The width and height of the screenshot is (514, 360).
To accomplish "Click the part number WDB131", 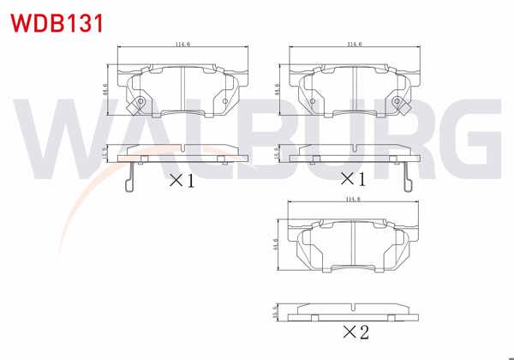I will (x=54, y=21).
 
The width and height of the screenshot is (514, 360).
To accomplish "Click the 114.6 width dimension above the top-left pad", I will (x=182, y=44).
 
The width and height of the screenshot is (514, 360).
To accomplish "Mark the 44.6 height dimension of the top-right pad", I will (x=277, y=89).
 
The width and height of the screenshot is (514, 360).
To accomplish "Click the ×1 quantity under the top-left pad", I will (x=182, y=180).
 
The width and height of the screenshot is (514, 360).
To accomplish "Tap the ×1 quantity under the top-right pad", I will (x=353, y=180).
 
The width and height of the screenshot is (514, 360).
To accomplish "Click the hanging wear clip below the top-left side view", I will (x=129, y=177).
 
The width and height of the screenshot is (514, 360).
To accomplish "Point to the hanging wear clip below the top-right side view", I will (x=408, y=177).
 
